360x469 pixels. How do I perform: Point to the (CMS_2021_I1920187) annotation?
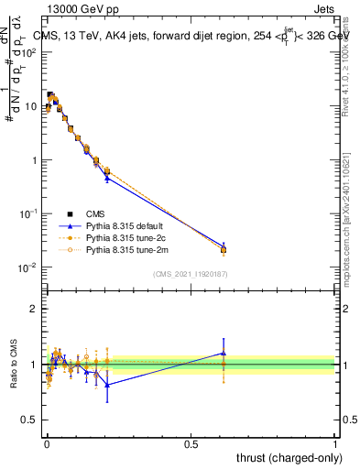point(190,273)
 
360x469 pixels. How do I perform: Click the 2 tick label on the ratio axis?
point(33,309)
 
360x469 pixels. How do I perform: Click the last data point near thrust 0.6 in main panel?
point(224,249)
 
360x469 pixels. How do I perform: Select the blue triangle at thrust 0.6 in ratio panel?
point(224,353)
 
